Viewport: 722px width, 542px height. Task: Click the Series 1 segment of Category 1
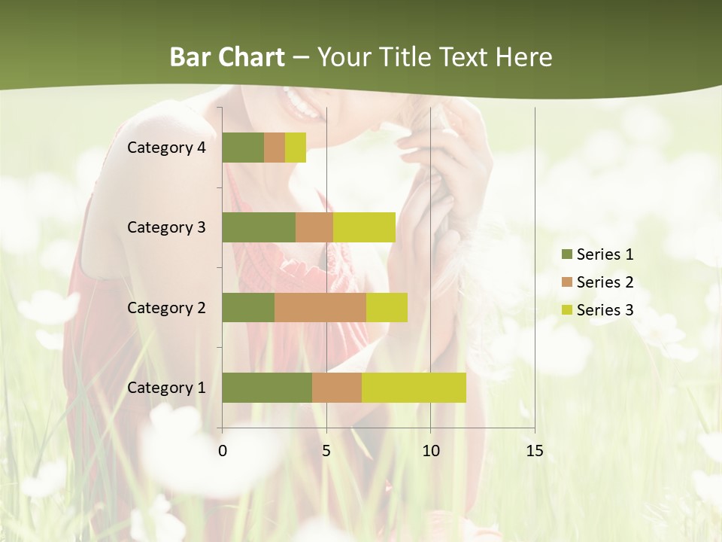tap(267, 388)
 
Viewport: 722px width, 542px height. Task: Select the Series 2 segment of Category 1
tap(337, 388)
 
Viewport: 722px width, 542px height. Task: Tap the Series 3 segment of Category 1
tap(414, 388)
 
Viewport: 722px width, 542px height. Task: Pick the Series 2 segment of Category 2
tap(320, 307)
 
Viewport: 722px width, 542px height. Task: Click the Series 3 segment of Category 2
tap(387, 307)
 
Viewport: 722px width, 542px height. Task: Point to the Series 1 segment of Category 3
tap(259, 227)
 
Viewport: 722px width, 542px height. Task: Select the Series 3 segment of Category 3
tap(364, 227)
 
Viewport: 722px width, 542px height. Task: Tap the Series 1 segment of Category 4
tap(243, 148)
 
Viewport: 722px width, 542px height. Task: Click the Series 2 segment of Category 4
tap(275, 148)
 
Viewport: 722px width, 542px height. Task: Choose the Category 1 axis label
tap(165, 388)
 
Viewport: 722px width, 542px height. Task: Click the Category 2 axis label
tap(165, 307)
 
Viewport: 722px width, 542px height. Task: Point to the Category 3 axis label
tap(165, 227)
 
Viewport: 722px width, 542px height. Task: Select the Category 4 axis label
tap(165, 148)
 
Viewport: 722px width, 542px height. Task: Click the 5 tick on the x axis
tap(326, 451)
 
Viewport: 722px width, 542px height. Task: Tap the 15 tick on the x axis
tap(534, 451)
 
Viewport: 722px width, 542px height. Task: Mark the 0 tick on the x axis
tap(223, 451)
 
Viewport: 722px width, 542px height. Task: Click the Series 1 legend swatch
tap(566, 254)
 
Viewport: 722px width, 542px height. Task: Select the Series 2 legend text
tap(605, 282)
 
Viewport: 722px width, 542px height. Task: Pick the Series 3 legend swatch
tap(566, 310)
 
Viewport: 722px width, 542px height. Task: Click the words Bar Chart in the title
tap(226, 57)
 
